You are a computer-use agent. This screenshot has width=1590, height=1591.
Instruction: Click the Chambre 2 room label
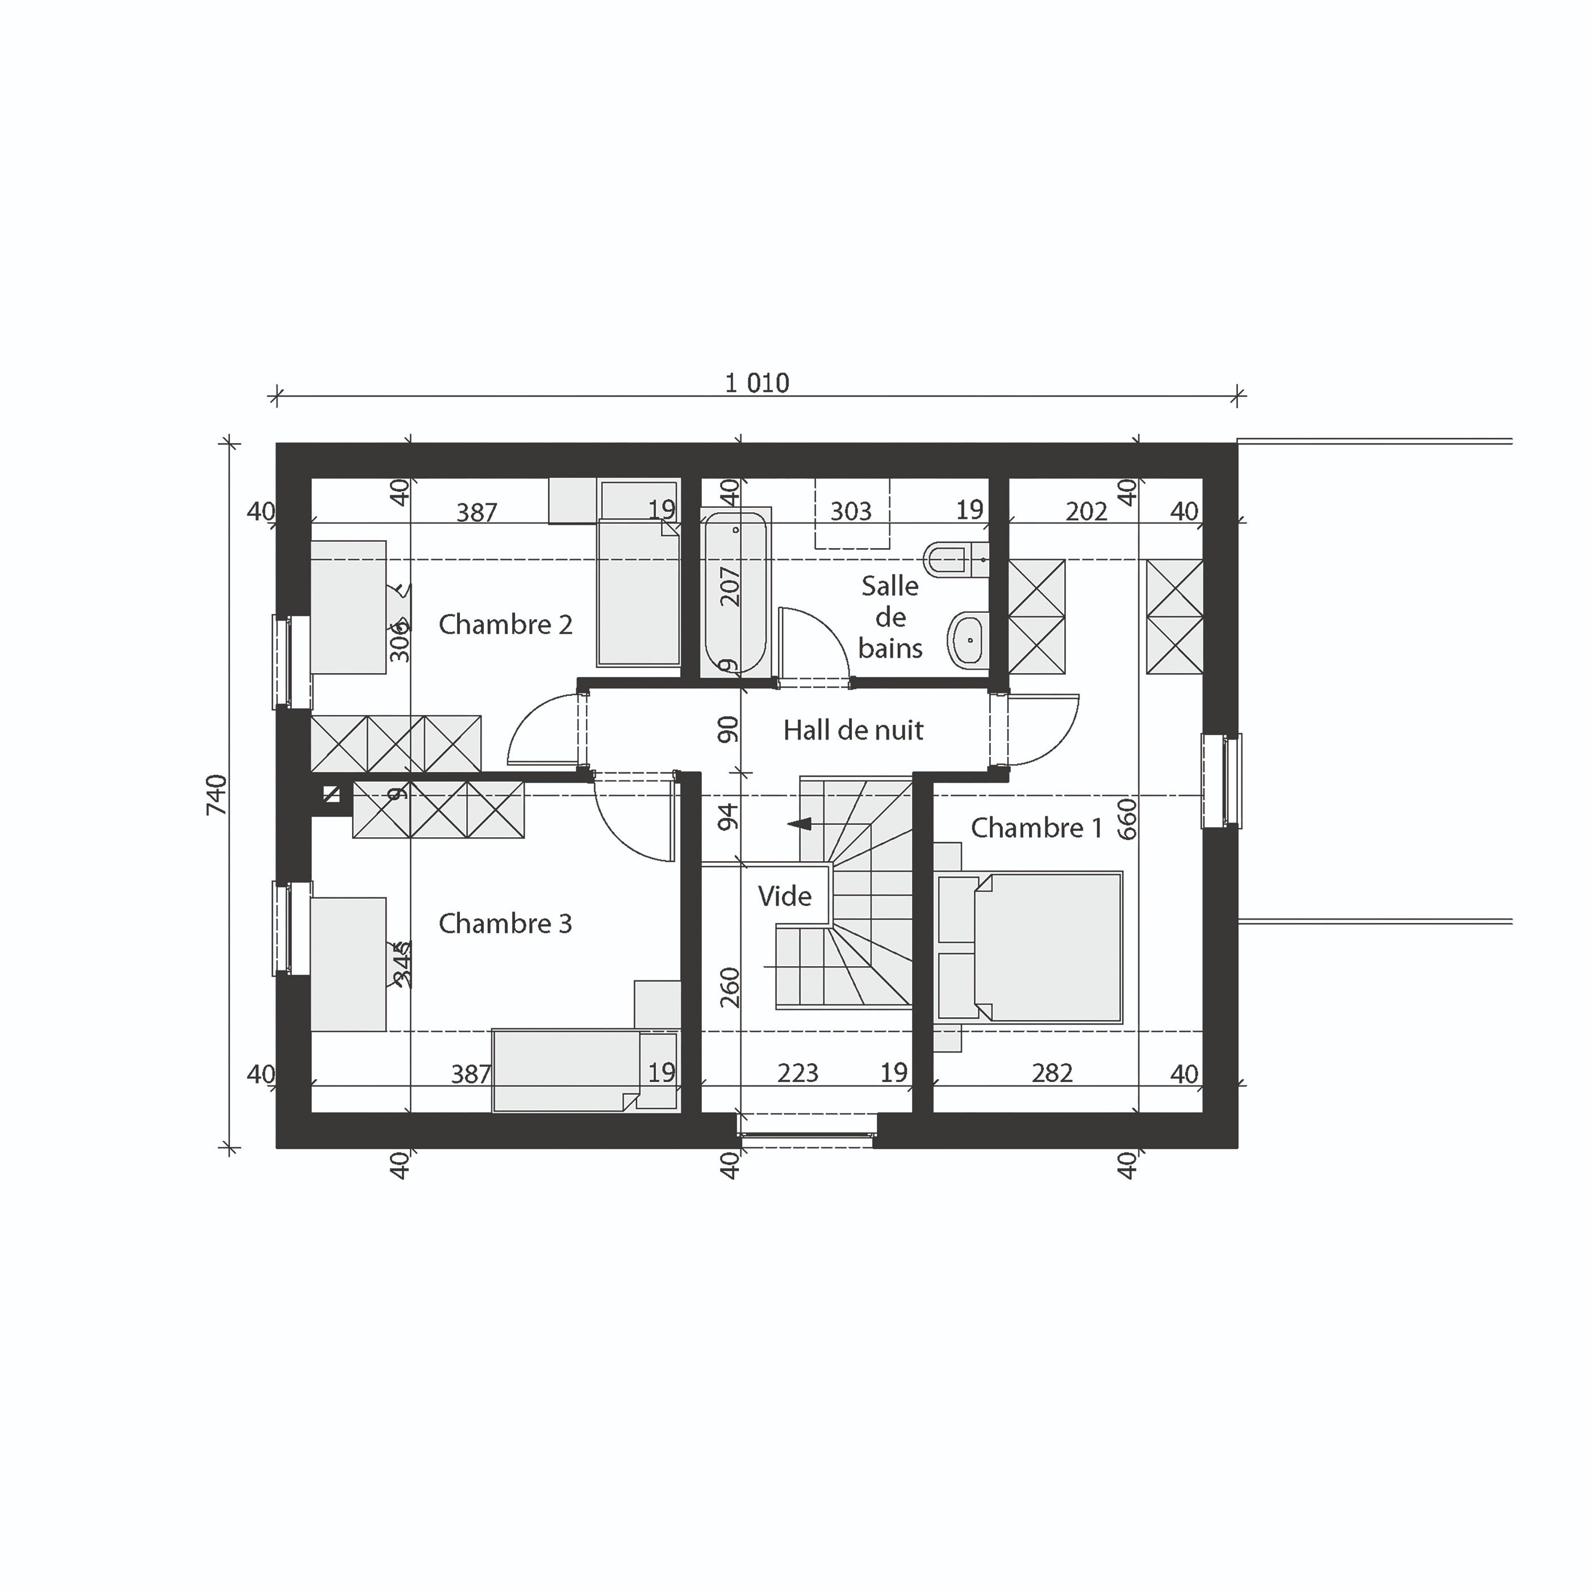[505, 625]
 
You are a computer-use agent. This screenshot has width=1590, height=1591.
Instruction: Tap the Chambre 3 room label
[505, 924]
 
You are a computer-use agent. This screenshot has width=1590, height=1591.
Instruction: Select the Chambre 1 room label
[1036, 828]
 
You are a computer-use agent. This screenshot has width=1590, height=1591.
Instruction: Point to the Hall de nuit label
[853, 730]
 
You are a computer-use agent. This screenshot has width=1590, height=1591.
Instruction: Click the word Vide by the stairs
[785, 896]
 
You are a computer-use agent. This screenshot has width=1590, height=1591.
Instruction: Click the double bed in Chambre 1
[1046, 948]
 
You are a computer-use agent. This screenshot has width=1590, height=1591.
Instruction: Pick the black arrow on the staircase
[800, 824]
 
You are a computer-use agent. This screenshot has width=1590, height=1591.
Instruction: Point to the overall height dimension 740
[216, 795]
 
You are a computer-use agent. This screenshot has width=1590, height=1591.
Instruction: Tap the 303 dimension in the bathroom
[851, 511]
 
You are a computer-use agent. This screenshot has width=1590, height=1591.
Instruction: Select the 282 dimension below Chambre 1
[1052, 1073]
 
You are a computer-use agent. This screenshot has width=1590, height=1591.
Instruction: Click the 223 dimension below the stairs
[798, 1073]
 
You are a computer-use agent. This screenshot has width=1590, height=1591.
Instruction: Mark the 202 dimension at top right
[1086, 511]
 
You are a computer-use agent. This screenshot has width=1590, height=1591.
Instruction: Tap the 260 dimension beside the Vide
[730, 987]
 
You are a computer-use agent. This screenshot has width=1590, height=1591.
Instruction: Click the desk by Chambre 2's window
[348, 607]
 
